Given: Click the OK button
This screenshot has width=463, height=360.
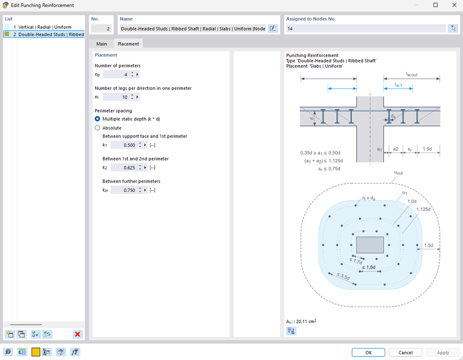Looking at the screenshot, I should [x=368, y=352].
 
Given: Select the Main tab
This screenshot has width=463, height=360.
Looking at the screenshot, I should [x=102, y=44].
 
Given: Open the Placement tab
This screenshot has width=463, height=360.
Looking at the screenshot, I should [x=128, y=44].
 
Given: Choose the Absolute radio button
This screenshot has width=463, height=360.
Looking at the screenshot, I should [x=97, y=128].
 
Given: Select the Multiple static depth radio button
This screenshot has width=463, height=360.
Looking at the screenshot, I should [x=97, y=119].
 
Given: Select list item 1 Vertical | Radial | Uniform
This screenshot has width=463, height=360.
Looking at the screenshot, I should [x=45, y=27].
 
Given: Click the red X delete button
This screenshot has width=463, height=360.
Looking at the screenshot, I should [x=77, y=334].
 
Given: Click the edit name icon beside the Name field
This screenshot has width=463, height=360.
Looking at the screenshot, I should [x=273, y=28].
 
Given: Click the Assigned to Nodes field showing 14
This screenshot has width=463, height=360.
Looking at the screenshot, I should [x=365, y=28].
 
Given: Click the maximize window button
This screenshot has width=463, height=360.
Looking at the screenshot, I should [x=435, y=5].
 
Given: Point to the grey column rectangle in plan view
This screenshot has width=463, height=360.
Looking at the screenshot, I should [x=370, y=245].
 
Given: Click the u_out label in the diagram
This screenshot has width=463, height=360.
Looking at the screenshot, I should [x=398, y=173].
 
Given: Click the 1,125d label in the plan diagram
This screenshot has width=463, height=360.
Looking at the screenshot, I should [x=423, y=209].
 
